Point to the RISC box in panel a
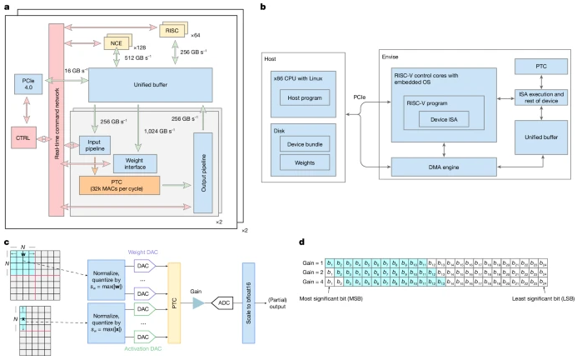pyautogui.click(x=172, y=31)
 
